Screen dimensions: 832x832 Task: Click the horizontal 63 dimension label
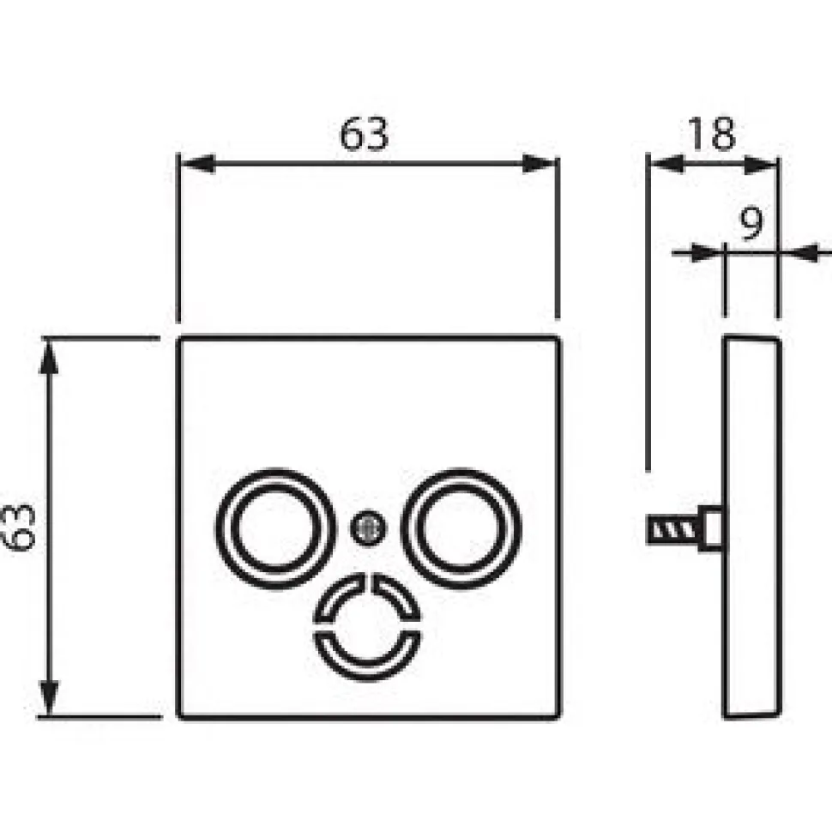click(364, 135)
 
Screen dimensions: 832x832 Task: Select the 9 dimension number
click(751, 223)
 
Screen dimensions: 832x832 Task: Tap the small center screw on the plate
click(368, 528)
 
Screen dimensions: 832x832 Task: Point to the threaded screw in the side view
click(672, 529)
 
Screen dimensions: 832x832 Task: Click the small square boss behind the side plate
click(710, 528)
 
